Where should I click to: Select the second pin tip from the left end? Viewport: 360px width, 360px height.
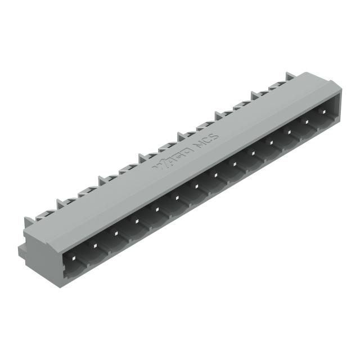pos(94,242)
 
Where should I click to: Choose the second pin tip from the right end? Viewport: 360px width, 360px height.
pos(308,122)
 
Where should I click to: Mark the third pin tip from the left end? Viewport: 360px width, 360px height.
pos(115,231)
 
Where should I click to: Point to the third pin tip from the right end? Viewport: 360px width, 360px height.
pos(290,133)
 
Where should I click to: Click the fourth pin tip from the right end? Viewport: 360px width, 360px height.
pos(271,143)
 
